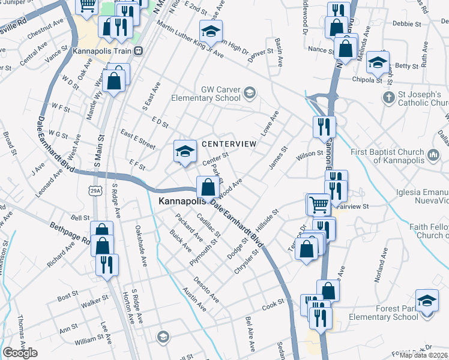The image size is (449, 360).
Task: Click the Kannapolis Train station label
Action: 101,51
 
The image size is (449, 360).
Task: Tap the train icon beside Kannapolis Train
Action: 139,51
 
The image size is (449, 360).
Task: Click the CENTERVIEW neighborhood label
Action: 229,144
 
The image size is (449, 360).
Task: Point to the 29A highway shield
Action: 94,190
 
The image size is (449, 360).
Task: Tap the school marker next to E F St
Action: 185,152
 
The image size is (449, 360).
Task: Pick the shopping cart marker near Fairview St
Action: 318,204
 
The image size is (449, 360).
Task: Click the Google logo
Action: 19,353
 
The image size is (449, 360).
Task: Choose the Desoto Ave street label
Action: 206,290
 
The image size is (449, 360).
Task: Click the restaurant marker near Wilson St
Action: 324,127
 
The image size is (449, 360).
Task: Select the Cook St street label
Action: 273,305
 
